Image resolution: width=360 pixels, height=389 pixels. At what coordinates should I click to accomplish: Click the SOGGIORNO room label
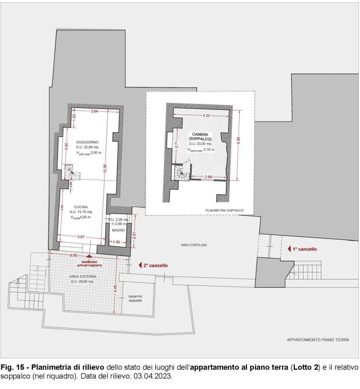87,142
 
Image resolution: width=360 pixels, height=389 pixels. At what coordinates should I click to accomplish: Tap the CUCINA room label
81,207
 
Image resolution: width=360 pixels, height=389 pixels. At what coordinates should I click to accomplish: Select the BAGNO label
118,230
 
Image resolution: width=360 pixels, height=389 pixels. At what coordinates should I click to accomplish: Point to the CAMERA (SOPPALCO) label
200,137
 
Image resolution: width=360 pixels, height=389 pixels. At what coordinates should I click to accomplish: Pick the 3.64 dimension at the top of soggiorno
94,111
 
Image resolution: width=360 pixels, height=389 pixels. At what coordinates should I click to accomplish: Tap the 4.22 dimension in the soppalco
206,116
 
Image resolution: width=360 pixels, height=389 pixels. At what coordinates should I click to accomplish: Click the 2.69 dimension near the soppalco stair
208,176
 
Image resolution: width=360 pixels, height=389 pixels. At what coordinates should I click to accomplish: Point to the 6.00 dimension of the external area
73,255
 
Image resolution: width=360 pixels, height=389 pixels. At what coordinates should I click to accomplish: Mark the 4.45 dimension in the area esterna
115,289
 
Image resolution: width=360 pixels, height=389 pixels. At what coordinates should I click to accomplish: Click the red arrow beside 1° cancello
289,249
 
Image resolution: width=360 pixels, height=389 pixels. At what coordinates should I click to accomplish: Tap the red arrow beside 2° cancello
140,265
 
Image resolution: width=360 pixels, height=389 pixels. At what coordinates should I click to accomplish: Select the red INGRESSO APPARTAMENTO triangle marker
89,256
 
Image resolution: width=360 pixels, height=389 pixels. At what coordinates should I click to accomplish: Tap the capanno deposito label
135,299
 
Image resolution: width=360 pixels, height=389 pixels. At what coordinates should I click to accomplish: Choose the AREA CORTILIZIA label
193,245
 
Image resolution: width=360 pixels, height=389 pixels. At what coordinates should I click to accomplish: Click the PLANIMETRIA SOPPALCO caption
225,210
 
